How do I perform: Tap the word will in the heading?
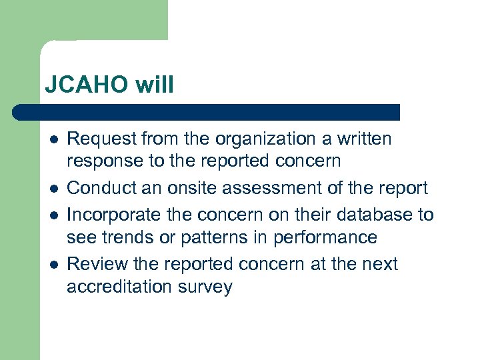pos(155,85)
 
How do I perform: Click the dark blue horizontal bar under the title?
pos(207,111)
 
